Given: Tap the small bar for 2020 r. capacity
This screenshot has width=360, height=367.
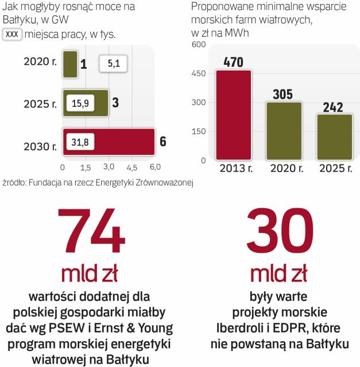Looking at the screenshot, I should coord(69,62).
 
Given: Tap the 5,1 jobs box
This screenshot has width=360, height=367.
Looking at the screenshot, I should coord(114,63).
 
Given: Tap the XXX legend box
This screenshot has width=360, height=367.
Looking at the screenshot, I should coord(13,34).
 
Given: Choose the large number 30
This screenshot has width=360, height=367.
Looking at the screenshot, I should coord(280,232).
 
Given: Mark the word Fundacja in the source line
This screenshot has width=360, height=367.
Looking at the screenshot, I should coord(49,183).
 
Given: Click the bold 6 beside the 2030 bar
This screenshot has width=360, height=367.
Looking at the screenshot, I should coord(162,141).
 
